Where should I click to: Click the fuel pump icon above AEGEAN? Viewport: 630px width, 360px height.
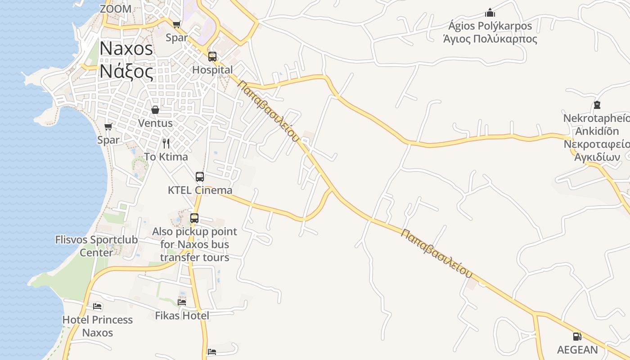tap(576, 336)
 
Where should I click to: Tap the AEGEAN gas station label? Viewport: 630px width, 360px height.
tap(577, 350)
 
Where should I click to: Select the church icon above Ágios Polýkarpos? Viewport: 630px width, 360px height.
tap(490, 13)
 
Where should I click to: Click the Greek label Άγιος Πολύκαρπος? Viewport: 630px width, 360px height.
tap(490, 39)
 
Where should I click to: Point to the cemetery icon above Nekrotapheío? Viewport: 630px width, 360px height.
tap(597, 105)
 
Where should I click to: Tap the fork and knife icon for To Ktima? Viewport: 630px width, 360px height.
tap(166, 144)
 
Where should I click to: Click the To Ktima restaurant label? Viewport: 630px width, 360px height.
tap(166, 157)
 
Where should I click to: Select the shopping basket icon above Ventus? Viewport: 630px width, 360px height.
tap(155, 110)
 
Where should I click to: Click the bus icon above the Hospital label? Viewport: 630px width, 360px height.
tap(212, 57)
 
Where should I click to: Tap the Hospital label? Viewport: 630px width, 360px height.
tap(212, 70)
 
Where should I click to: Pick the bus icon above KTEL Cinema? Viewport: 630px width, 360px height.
tap(200, 177)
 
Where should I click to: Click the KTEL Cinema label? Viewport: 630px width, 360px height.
tap(200, 190)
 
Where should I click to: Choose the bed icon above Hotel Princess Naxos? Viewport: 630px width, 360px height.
tap(97, 307)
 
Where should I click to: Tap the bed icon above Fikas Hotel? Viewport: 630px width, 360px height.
tap(182, 302)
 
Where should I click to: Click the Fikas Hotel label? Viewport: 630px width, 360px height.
tap(182, 315)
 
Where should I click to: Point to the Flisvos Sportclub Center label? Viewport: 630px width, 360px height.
tap(96, 246)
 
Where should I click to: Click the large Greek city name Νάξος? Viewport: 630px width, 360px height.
tap(126, 71)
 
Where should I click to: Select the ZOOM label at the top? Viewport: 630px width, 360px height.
tap(116, 9)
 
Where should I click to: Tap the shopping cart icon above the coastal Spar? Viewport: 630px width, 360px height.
tap(108, 127)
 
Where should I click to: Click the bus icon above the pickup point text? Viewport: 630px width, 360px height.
tap(194, 218)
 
